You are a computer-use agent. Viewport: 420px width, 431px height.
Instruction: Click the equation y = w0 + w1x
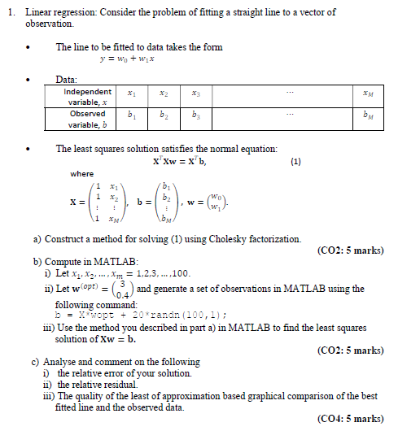point(127,59)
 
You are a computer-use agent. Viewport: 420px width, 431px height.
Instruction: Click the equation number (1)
point(295,161)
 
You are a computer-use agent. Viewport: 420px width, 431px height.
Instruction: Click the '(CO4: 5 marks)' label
point(350,418)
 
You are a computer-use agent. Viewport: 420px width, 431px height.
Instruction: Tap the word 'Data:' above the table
point(66,80)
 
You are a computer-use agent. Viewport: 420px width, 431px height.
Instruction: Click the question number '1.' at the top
point(10,13)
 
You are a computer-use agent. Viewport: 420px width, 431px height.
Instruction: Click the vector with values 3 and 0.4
point(122,289)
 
